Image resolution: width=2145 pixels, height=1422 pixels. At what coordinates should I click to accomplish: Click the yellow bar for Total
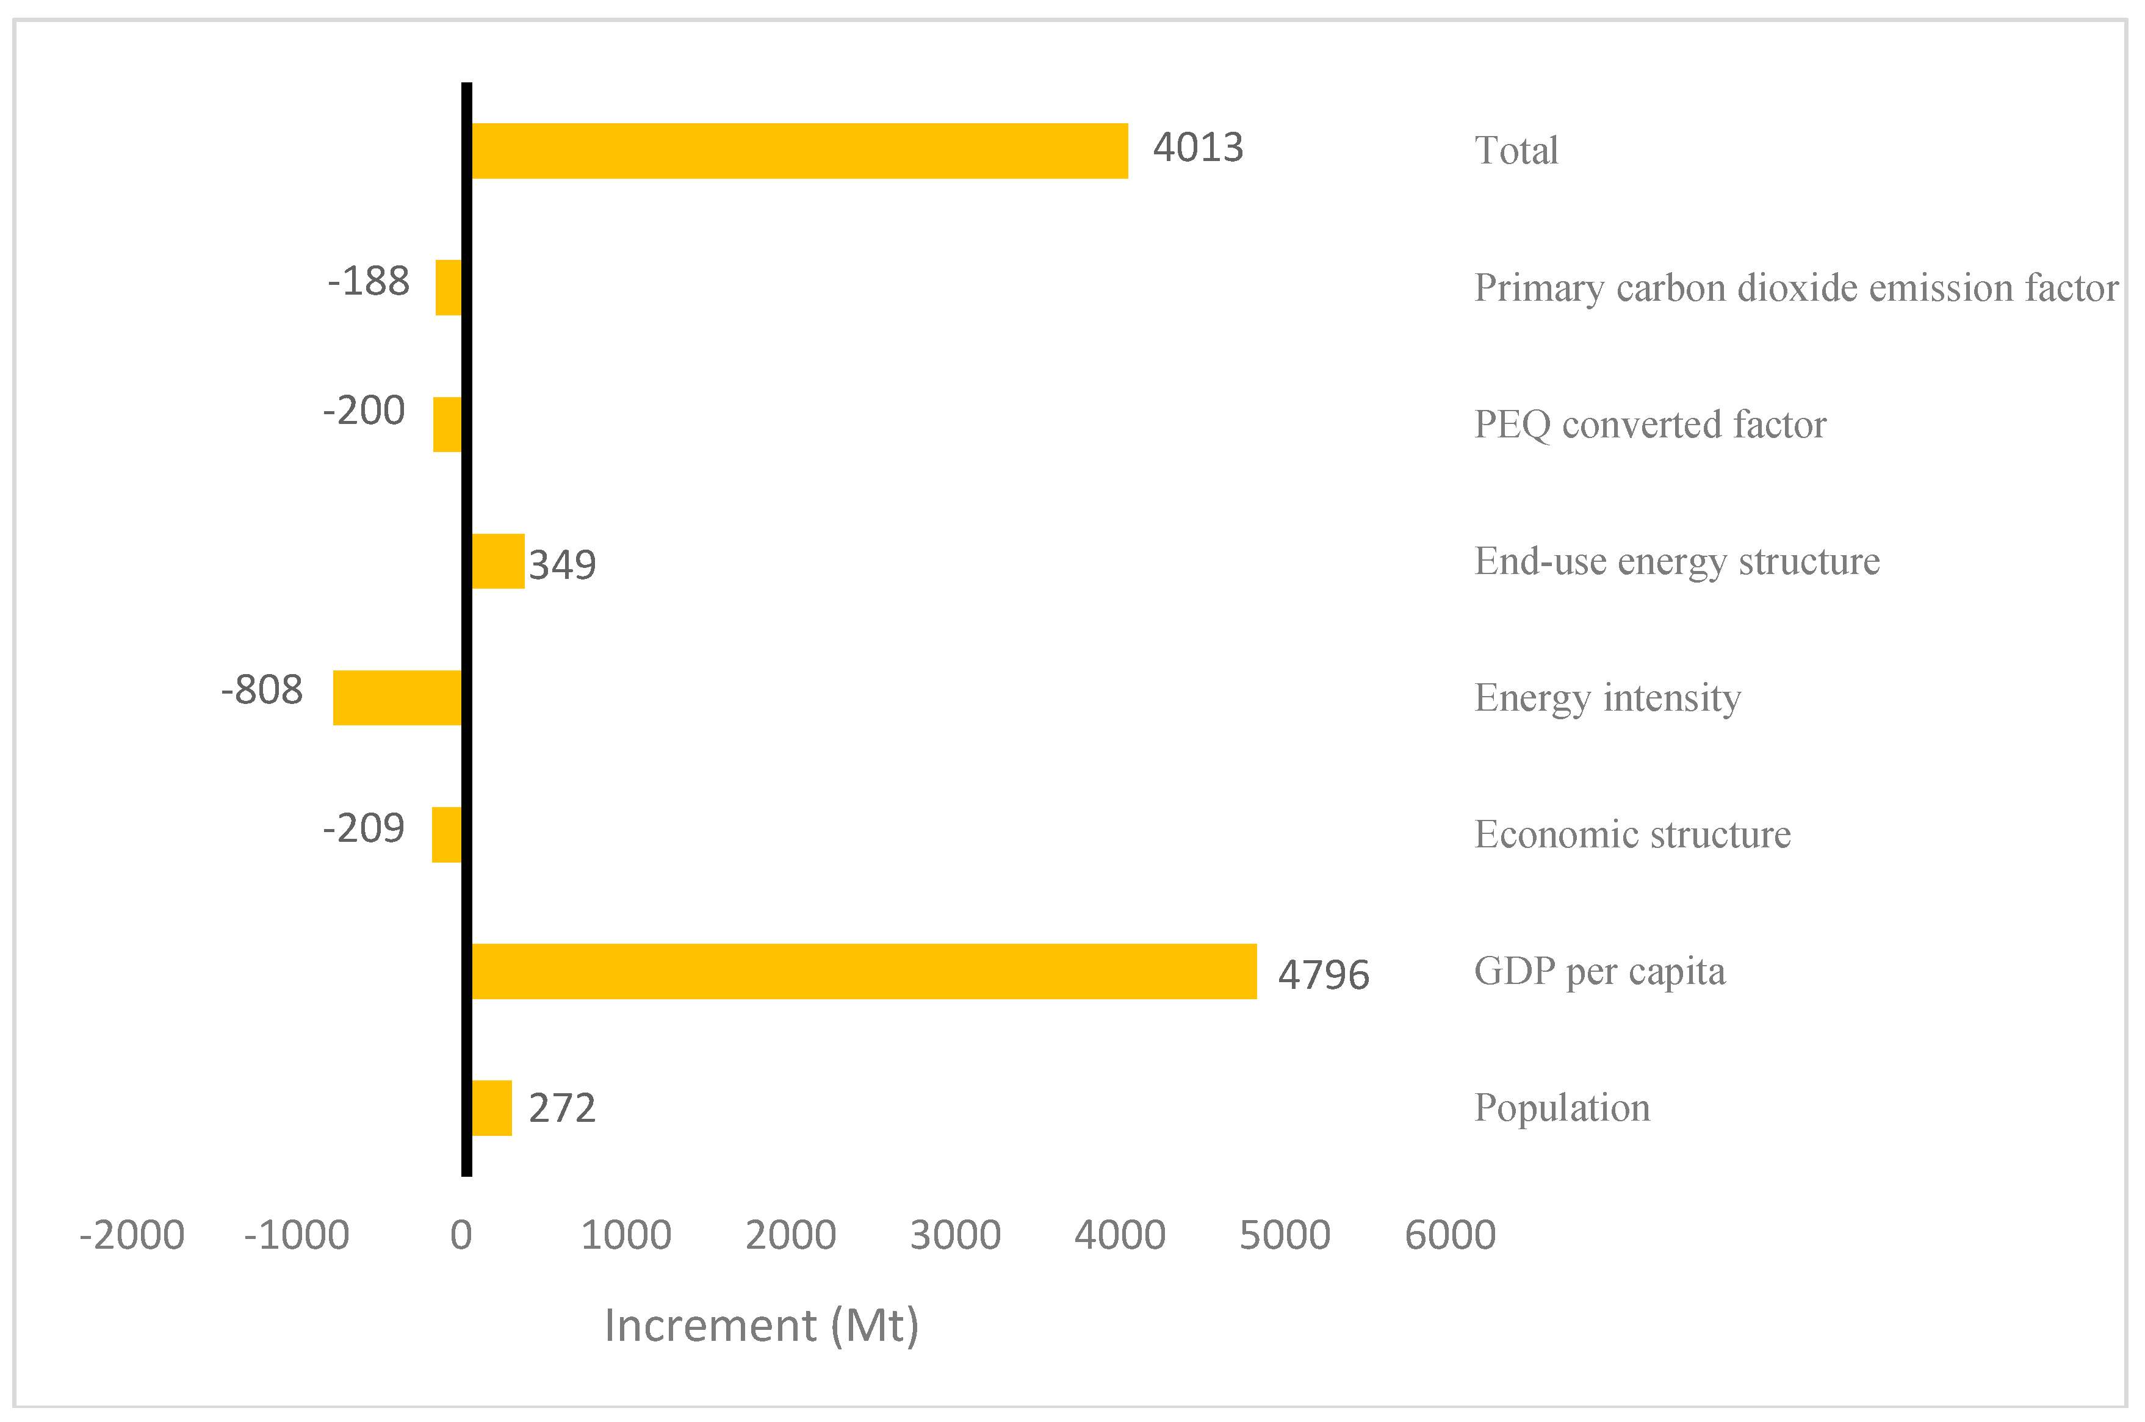pos(798,151)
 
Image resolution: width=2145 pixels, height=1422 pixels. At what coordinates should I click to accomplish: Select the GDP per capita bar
pos(862,971)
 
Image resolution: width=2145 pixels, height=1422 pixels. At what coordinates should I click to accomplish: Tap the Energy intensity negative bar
pos(397,697)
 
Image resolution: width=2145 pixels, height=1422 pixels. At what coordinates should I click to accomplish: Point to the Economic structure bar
pos(446,835)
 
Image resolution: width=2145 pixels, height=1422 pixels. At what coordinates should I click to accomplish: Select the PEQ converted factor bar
pos(447,425)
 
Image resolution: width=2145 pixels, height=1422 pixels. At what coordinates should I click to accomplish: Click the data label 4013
pos(1197,148)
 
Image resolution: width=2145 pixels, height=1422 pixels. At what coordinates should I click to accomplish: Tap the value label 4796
pos(1322,975)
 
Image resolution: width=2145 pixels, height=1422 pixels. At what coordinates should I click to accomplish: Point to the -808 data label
pos(262,690)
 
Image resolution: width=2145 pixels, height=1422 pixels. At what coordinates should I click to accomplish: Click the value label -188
pos(368,282)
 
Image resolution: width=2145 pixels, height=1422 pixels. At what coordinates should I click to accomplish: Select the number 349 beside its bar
pos(562,565)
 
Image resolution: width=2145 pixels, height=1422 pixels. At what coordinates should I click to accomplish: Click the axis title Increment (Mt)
pos(762,1326)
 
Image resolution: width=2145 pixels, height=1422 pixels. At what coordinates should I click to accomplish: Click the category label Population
pos(1561,1107)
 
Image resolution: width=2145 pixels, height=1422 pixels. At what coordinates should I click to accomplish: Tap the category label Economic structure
pos(1632,835)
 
